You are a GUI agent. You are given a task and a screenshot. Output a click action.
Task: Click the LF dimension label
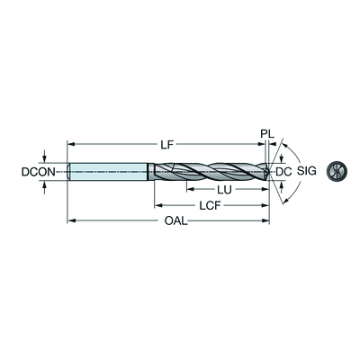click(x=166, y=145)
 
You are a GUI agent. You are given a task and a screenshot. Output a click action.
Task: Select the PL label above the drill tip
click(x=267, y=133)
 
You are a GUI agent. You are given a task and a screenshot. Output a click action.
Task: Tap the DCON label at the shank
click(x=39, y=172)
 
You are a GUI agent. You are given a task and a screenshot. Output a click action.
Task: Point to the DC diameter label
click(x=283, y=172)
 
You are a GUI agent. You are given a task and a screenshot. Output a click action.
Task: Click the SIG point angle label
click(x=307, y=171)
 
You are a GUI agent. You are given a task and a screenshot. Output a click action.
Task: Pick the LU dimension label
click(x=224, y=190)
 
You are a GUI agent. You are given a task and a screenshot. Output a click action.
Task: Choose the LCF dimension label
click(x=210, y=205)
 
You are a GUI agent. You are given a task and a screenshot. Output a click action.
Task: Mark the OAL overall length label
click(x=175, y=221)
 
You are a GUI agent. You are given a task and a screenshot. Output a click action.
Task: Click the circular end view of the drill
click(x=337, y=172)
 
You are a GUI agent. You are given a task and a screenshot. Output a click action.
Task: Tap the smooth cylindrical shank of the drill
click(x=109, y=172)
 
